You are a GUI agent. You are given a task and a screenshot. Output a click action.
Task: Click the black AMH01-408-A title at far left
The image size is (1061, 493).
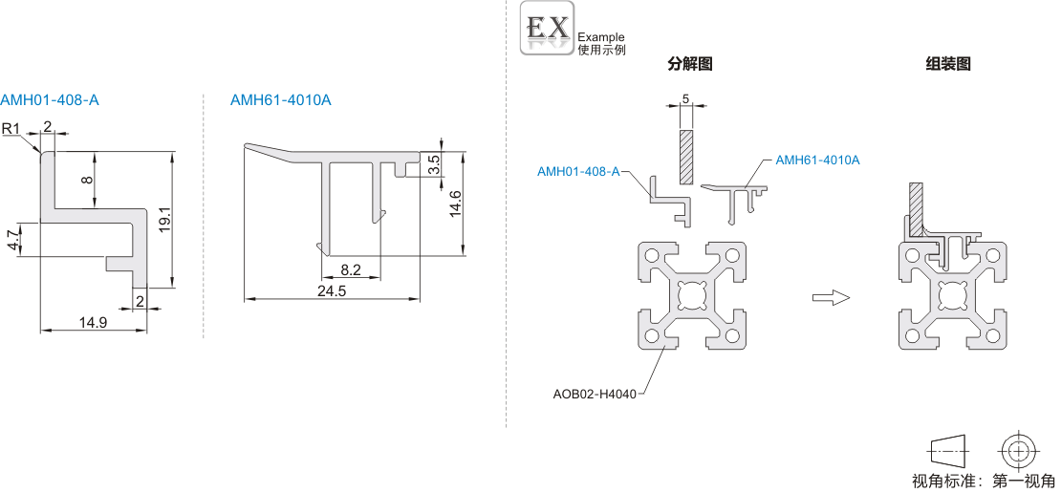(50, 100)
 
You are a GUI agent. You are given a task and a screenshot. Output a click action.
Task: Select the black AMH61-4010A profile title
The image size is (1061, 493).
(281, 100)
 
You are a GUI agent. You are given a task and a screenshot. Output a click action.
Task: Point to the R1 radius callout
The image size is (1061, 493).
(11, 129)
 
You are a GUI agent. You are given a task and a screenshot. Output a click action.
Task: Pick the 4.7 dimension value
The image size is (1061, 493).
(11, 240)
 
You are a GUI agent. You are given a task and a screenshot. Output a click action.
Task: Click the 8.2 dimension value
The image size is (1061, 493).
(351, 270)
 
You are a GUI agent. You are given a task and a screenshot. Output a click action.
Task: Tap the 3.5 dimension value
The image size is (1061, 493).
(434, 164)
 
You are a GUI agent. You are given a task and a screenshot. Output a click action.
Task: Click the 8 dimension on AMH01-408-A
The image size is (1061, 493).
(87, 180)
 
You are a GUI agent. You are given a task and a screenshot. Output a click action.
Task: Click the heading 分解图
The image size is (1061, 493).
(690, 64)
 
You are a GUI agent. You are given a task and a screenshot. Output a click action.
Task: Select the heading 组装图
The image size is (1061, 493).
(948, 64)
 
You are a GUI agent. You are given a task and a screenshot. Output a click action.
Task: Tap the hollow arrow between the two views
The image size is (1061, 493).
(830, 298)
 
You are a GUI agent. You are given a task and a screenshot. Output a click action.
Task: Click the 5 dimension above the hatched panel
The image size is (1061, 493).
(686, 99)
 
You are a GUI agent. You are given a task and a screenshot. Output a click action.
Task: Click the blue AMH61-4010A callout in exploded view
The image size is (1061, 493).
(817, 160)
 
